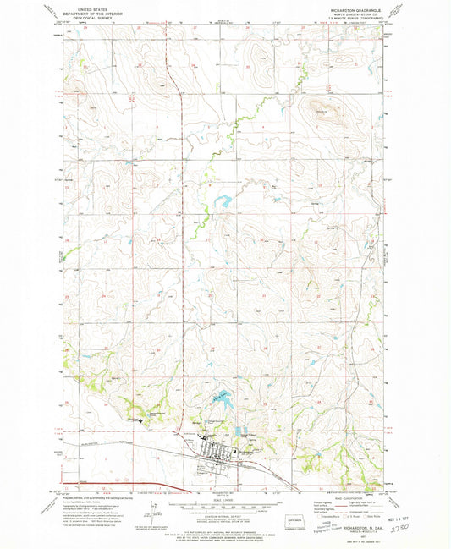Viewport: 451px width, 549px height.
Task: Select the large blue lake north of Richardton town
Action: point(220,398)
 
